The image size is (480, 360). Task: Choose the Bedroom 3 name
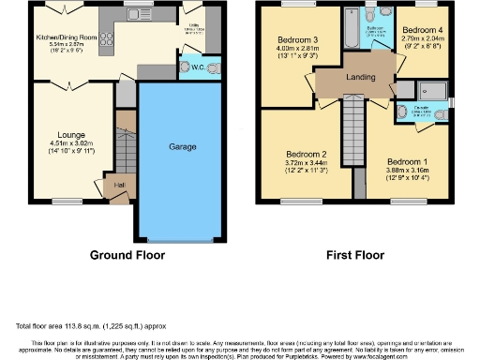295,39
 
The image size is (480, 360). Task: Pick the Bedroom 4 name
421,30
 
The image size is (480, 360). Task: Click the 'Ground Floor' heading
127,254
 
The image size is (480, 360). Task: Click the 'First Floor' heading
354,254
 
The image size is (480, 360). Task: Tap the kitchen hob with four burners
104,39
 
